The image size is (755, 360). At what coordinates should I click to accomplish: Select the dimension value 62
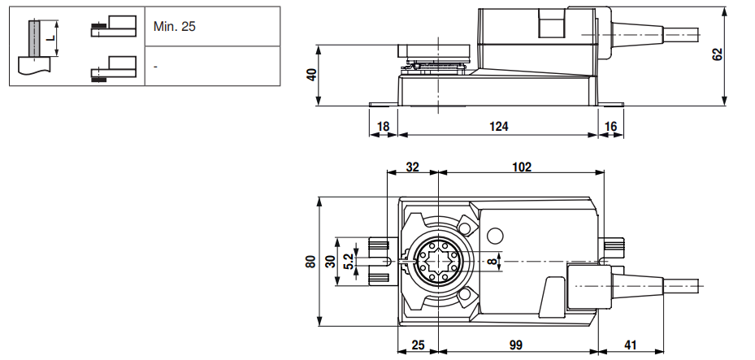click(717, 54)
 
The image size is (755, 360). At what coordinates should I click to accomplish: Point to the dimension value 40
click(311, 75)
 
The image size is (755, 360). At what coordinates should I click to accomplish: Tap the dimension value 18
click(384, 126)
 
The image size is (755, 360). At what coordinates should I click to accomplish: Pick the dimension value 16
click(610, 126)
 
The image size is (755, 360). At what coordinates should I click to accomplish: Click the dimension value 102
click(521, 167)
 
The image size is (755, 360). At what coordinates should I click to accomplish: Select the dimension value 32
click(412, 167)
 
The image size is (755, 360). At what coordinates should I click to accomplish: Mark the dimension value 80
click(310, 262)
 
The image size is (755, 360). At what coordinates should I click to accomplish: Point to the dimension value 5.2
click(347, 261)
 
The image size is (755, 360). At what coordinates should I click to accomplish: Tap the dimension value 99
click(515, 345)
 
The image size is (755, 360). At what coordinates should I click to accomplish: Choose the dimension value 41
click(631, 345)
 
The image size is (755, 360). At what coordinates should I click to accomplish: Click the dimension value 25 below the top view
click(418, 345)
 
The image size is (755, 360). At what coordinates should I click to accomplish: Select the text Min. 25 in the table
click(175, 27)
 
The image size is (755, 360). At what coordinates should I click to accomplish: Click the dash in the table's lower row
click(155, 66)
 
